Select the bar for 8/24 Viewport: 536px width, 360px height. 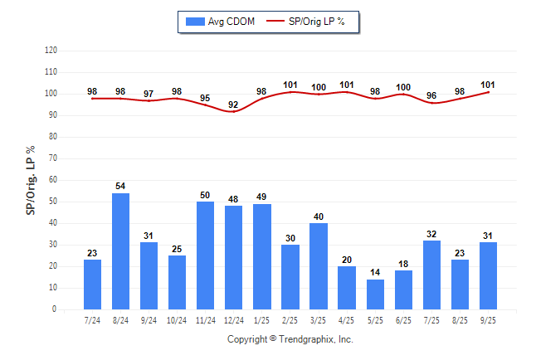click(120, 251)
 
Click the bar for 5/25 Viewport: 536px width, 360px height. click(375, 294)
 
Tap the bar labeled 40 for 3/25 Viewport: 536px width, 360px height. click(319, 266)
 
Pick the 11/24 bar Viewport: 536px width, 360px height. click(205, 255)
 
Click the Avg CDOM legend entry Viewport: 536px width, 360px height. click(219, 22)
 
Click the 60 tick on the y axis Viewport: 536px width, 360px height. click(53, 180)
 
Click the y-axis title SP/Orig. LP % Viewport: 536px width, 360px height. click(31, 179)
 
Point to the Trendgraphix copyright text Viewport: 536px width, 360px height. click(290, 339)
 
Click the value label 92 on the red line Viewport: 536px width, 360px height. click(233, 105)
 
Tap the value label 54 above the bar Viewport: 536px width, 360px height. click(120, 186)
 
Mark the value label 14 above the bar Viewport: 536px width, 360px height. click(375, 272)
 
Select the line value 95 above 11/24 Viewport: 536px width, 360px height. click(205, 98)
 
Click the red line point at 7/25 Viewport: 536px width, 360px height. click(431, 102)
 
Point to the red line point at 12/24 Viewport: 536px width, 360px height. click(233, 111)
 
